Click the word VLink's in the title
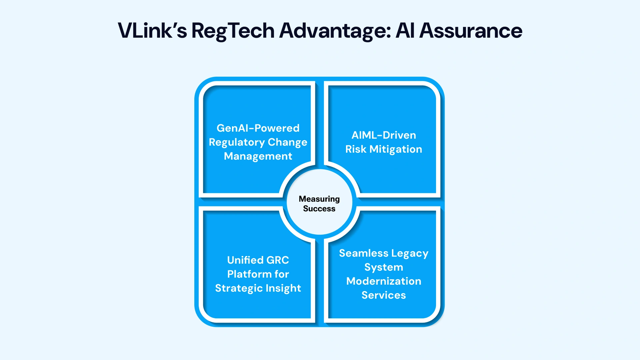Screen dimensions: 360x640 pos(152,31)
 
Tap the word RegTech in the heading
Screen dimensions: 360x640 pos(233,31)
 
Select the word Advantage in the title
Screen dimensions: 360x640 pos(335,31)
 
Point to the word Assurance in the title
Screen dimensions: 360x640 pos(471,31)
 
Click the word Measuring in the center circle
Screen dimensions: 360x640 pos(319,199)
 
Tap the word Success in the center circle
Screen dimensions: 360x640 pos(319,209)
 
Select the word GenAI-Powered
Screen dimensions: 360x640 pos(258,128)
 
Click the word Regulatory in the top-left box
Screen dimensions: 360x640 pos(237,142)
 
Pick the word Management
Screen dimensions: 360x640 pos(258,156)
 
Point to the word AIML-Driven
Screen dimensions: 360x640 pos(384,135)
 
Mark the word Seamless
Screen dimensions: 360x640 pos(364,253)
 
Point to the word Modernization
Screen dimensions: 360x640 pos(384,281)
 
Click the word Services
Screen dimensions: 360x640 pos(384,295)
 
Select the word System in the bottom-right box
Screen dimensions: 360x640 pos(384,267)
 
